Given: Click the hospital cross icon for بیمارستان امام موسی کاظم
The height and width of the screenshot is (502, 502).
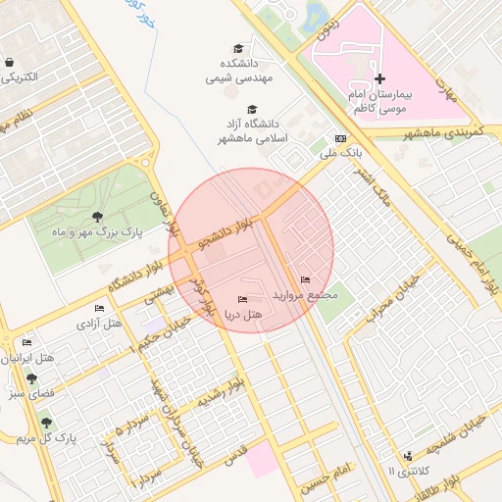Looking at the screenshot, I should (x=380, y=78).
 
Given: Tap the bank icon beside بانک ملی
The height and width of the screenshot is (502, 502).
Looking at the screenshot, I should (x=340, y=139).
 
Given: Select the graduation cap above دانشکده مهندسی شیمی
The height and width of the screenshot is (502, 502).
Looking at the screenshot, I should (x=238, y=48).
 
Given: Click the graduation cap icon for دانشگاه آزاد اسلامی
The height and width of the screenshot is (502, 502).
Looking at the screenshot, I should (x=252, y=110).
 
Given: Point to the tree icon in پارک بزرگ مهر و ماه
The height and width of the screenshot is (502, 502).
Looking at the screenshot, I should (x=96, y=217).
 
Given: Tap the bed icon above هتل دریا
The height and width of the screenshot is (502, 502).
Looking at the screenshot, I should (x=242, y=298).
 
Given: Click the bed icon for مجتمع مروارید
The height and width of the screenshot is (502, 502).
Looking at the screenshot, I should (x=306, y=279).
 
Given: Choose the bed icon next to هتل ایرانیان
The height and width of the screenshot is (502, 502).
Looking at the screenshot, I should (x=26, y=343).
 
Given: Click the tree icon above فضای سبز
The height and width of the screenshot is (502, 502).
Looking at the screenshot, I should (x=31, y=378).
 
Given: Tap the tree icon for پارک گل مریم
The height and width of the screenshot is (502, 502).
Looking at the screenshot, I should (x=46, y=423).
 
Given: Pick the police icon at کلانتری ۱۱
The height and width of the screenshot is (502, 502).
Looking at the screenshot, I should (x=408, y=456).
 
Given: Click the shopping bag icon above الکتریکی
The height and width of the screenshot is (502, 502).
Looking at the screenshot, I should (x=9, y=61).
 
